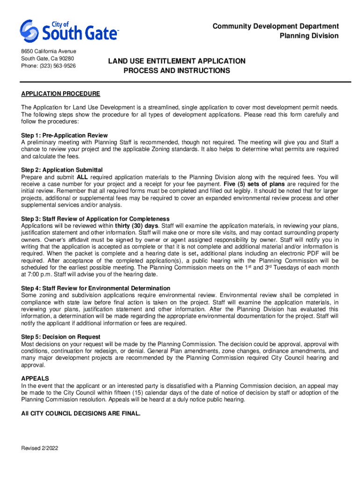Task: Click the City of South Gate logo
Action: (x=70, y=31)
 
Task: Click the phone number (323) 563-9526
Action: (x=49, y=66)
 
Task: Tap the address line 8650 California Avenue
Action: (x=49, y=51)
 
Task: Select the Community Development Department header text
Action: (x=276, y=26)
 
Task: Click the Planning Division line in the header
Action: (x=309, y=36)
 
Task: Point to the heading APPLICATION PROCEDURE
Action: (x=60, y=93)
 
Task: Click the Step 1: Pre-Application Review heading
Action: (x=65, y=136)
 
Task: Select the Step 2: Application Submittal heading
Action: (x=62, y=170)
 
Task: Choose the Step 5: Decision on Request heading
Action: (x=61, y=337)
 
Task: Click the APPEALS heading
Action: (x=35, y=378)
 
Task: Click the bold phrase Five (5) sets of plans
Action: (x=255, y=184)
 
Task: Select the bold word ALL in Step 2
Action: (x=82, y=177)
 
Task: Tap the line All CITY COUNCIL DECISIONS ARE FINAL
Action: (x=80, y=414)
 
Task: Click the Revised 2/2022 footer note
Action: (x=40, y=448)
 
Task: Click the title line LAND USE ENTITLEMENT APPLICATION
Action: (x=177, y=61)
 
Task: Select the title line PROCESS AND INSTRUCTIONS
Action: (x=177, y=71)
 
